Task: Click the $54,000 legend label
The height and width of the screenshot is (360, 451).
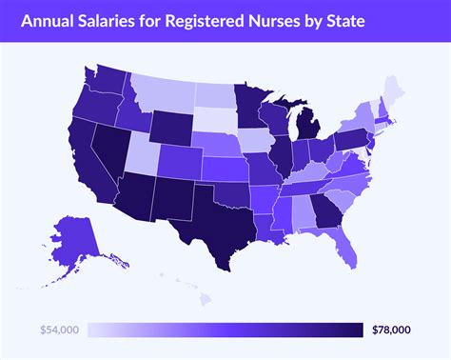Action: (60, 329)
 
